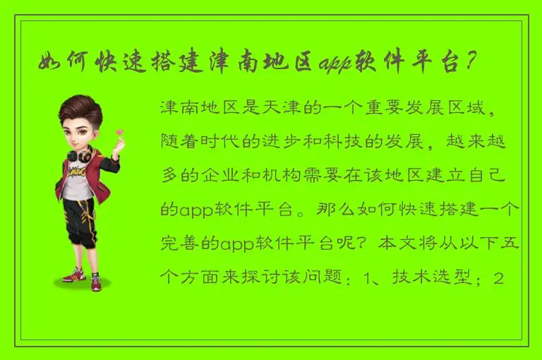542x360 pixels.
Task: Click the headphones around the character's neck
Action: tap(79, 153)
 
